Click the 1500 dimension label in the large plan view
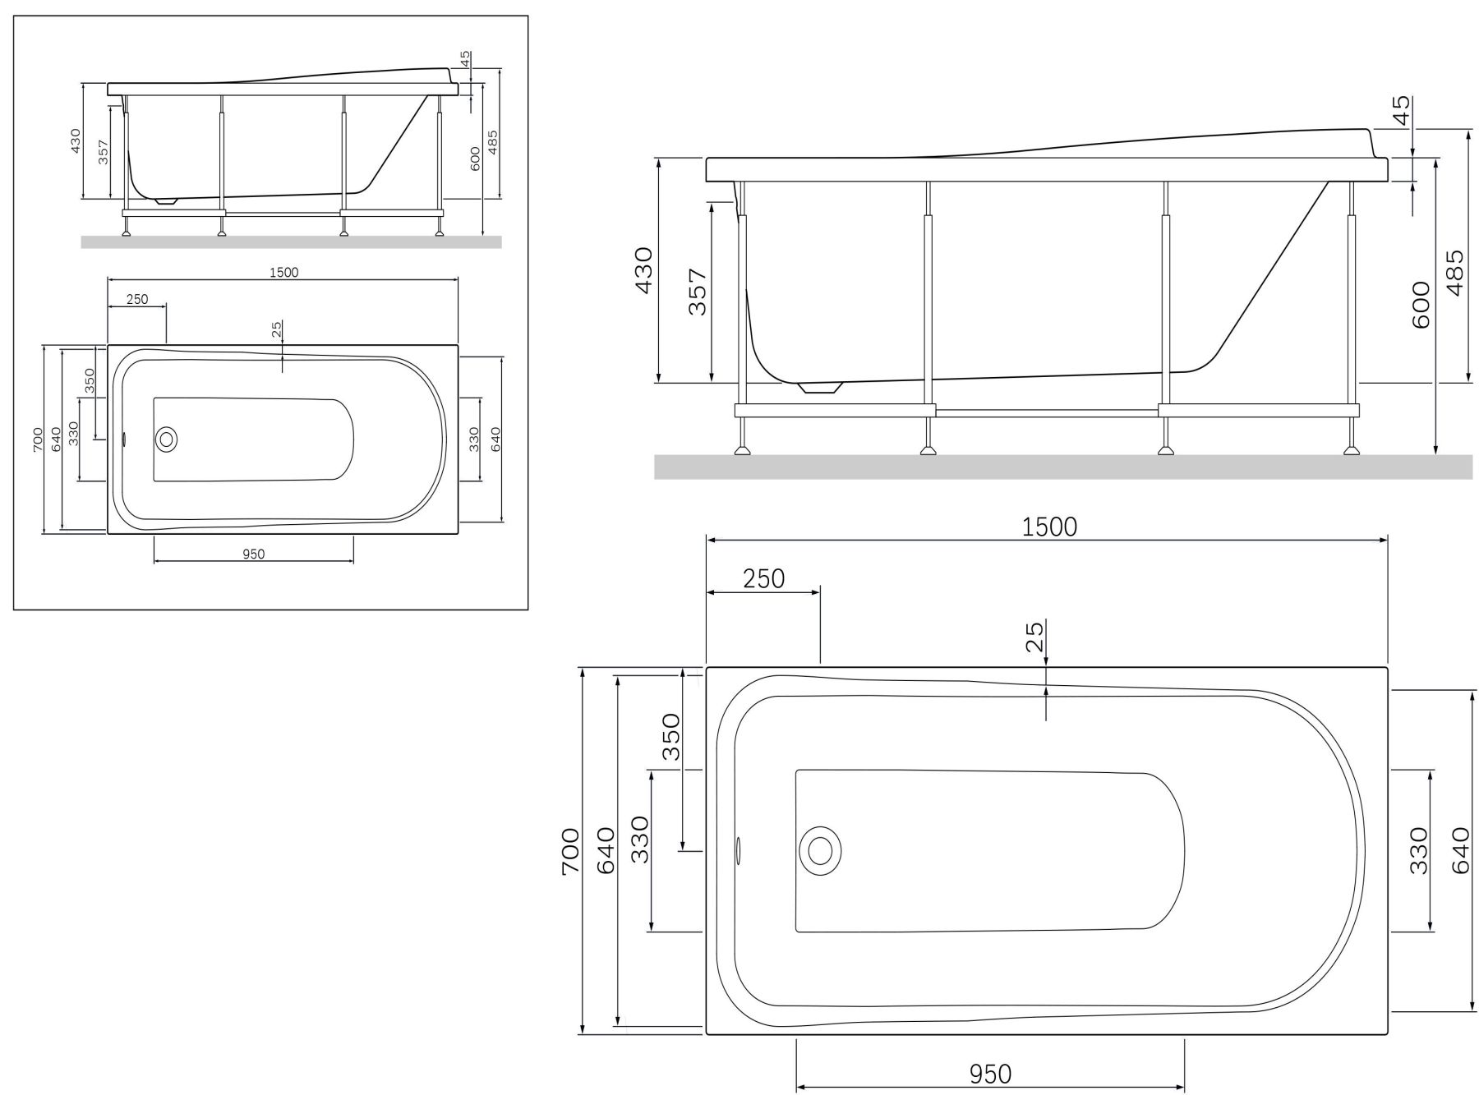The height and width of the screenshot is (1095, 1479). [x=1049, y=527]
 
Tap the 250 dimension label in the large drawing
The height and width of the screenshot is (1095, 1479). [x=763, y=579]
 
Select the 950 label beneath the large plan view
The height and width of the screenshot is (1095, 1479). [x=990, y=1074]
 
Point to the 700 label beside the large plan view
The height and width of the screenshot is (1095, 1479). [x=570, y=851]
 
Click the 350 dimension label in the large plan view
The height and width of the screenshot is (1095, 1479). [x=671, y=737]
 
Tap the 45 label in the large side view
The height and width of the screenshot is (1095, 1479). [x=1402, y=109]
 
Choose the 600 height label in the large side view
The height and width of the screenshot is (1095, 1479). [x=1421, y=304]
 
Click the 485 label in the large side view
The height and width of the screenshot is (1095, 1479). [x=1454, y=273]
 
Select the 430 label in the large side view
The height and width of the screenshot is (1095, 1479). [x=643, y=271]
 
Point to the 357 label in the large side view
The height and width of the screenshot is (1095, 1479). [x=697, y=292]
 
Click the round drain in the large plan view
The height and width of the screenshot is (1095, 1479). [x=819, y=850]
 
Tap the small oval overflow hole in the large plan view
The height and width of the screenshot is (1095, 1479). [x=737, y=851]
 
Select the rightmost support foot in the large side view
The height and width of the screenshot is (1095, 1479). [x=1350, y=449]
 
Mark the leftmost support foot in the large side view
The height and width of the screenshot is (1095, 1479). [x=744, y=449]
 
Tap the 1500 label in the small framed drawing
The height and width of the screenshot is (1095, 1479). [x=283, y=273]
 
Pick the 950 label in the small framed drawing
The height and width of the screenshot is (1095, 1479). [x=254, y=554]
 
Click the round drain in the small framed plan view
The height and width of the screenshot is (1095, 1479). [x=167, y=439]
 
